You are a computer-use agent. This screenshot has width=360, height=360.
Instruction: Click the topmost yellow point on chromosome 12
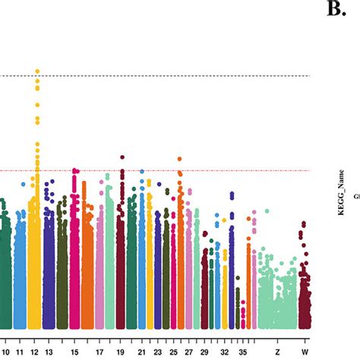pyautogui.click(x=36, y=71)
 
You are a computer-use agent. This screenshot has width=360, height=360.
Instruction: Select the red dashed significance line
pyautogui.click(x=228, y=171)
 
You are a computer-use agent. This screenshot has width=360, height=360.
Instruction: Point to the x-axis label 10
pyautogui.click(x=5, y=352)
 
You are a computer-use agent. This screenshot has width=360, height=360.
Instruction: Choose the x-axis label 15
pyautogui.click(x=74, y=352)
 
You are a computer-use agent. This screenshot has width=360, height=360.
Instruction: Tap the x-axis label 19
pyautogui.click(x=122, y=352)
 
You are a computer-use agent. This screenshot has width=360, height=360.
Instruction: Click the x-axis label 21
pyautogui.click(x=142, y=352)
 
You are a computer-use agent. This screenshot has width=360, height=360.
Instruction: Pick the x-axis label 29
pyautogui.click(x=204, y=352)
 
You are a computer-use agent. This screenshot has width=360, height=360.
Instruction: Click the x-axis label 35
pyautogui.click(x=242, y=352)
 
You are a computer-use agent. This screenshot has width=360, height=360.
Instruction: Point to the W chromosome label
pyautogui.click(x=304, y=352)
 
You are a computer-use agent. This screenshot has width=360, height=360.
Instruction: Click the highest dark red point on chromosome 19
pyautogui.click(x=122, y=157)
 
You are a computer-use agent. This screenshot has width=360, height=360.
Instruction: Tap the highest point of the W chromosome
pyautogui.click(x=304, y=224)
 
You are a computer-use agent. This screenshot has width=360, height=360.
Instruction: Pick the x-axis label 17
pyautogui.click(x=99, y=352)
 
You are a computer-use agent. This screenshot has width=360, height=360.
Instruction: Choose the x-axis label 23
pyautogui.click(x=157, y=352)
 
